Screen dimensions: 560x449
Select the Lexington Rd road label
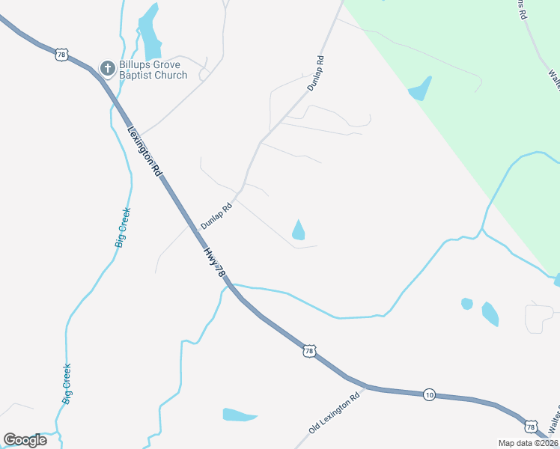145,150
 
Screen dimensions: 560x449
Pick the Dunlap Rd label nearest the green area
315,73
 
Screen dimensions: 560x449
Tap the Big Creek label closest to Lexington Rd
121,227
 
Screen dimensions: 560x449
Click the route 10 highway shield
429,394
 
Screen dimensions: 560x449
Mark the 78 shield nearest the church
62,54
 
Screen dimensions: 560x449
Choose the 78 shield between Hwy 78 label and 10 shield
310,350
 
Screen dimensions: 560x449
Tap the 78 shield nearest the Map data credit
531,426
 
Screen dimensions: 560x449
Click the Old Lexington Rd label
334,412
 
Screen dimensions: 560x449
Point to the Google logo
25,440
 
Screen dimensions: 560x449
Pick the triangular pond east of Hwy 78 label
298,230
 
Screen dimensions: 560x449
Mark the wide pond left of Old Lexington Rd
239,415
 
